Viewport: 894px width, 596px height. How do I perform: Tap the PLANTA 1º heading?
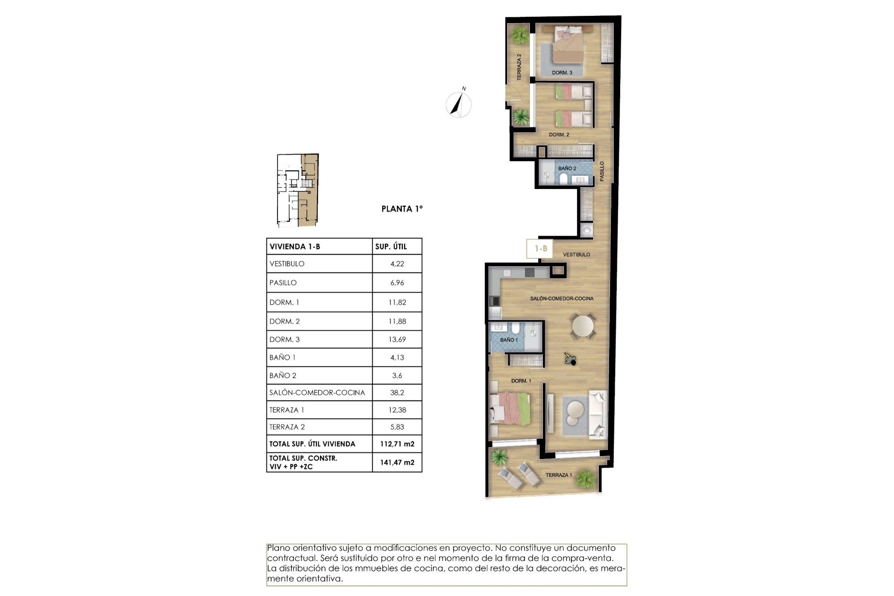402,209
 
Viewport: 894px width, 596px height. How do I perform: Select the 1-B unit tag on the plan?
540,249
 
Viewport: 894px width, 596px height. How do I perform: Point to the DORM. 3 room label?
562,73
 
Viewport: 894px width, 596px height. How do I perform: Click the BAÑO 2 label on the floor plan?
567,168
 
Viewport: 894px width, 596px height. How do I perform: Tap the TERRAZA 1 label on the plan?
558,475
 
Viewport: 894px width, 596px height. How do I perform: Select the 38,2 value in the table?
397,393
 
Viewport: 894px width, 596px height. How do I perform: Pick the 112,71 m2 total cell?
397,444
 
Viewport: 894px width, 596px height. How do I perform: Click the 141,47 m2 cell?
397,462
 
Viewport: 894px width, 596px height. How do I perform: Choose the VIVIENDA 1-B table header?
295,247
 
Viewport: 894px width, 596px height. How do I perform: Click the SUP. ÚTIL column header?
391,247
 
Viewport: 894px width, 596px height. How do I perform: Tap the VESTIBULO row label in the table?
287,264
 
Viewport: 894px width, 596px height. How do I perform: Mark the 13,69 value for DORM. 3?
397,339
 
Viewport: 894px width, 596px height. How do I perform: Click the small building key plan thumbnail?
298,190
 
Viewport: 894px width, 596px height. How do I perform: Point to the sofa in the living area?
597,414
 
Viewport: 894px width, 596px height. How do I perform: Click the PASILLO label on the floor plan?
602,171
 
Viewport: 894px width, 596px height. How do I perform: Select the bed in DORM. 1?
510,408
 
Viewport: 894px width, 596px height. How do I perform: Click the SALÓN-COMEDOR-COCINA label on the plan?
562,298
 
